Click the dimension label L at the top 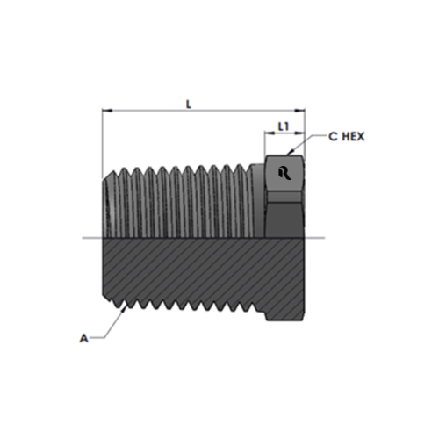(x=189, y=104)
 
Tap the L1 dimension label (x=284, y=126)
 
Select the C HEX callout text (x=347, y=137)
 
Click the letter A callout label (x=83, y=338)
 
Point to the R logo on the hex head (x=284, y=173)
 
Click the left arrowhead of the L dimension (x=107, y=111)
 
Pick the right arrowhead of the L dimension (x=299, y=111)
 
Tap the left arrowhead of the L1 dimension (x=270, y=133)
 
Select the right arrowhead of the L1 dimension (x=299, y=133)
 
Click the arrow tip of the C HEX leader (x=288, y=155)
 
